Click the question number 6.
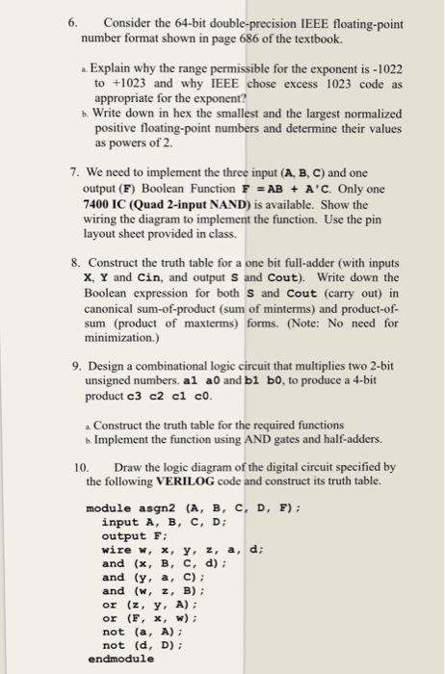(61, 23)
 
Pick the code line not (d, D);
(139, 644)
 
